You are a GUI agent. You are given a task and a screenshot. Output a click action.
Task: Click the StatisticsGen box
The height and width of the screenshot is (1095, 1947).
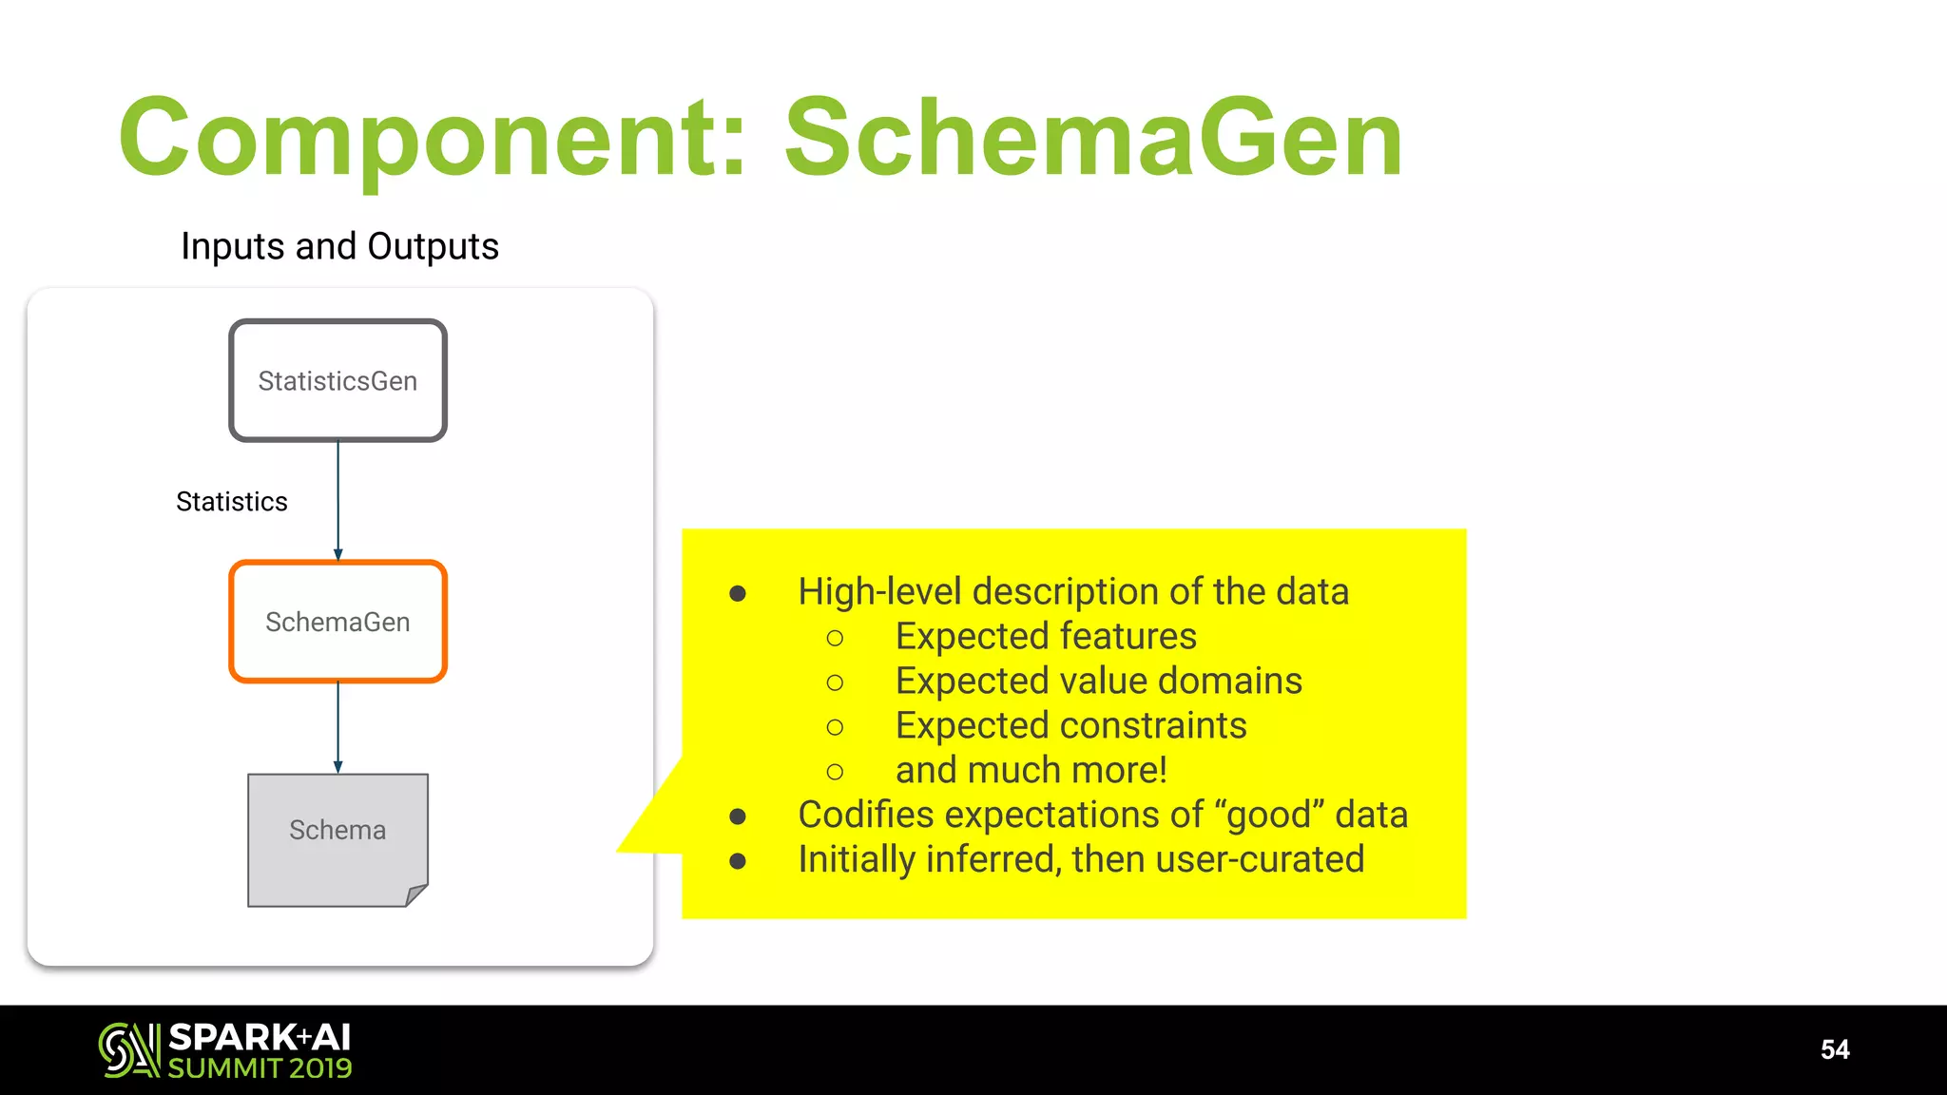pos(337,380)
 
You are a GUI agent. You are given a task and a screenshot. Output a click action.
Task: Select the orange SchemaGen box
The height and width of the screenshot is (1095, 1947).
pos(337,622)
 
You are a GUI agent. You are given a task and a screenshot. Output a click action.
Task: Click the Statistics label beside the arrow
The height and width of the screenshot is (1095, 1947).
pos(231,502)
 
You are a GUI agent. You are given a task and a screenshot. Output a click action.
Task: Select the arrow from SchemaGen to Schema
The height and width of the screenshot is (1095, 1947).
pos(338,727)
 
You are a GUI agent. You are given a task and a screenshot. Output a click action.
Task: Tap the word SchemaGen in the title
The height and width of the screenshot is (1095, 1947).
pos(1093,139)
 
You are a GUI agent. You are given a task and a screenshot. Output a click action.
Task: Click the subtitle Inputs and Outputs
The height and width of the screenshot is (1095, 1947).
pos(339,246)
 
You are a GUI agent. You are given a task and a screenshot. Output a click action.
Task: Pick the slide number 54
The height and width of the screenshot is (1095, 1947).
pos(1834,1049)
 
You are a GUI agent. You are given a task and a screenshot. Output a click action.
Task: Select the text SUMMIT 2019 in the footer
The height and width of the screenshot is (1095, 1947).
pos(260,1068)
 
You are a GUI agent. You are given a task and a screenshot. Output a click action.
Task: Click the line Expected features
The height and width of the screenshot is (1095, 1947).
pos(1046,636)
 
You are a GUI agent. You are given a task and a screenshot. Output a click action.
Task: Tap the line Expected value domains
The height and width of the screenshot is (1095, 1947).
pos(1098,681)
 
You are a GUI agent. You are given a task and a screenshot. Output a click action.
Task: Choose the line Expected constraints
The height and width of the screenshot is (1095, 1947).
pos(1070,725)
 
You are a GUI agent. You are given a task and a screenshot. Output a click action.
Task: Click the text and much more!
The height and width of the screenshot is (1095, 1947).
pos(1031,770)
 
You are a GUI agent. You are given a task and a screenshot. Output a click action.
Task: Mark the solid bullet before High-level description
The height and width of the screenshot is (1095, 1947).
pos(738,594)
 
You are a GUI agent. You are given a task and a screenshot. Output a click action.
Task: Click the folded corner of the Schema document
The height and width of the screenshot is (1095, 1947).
pos(416,894)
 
